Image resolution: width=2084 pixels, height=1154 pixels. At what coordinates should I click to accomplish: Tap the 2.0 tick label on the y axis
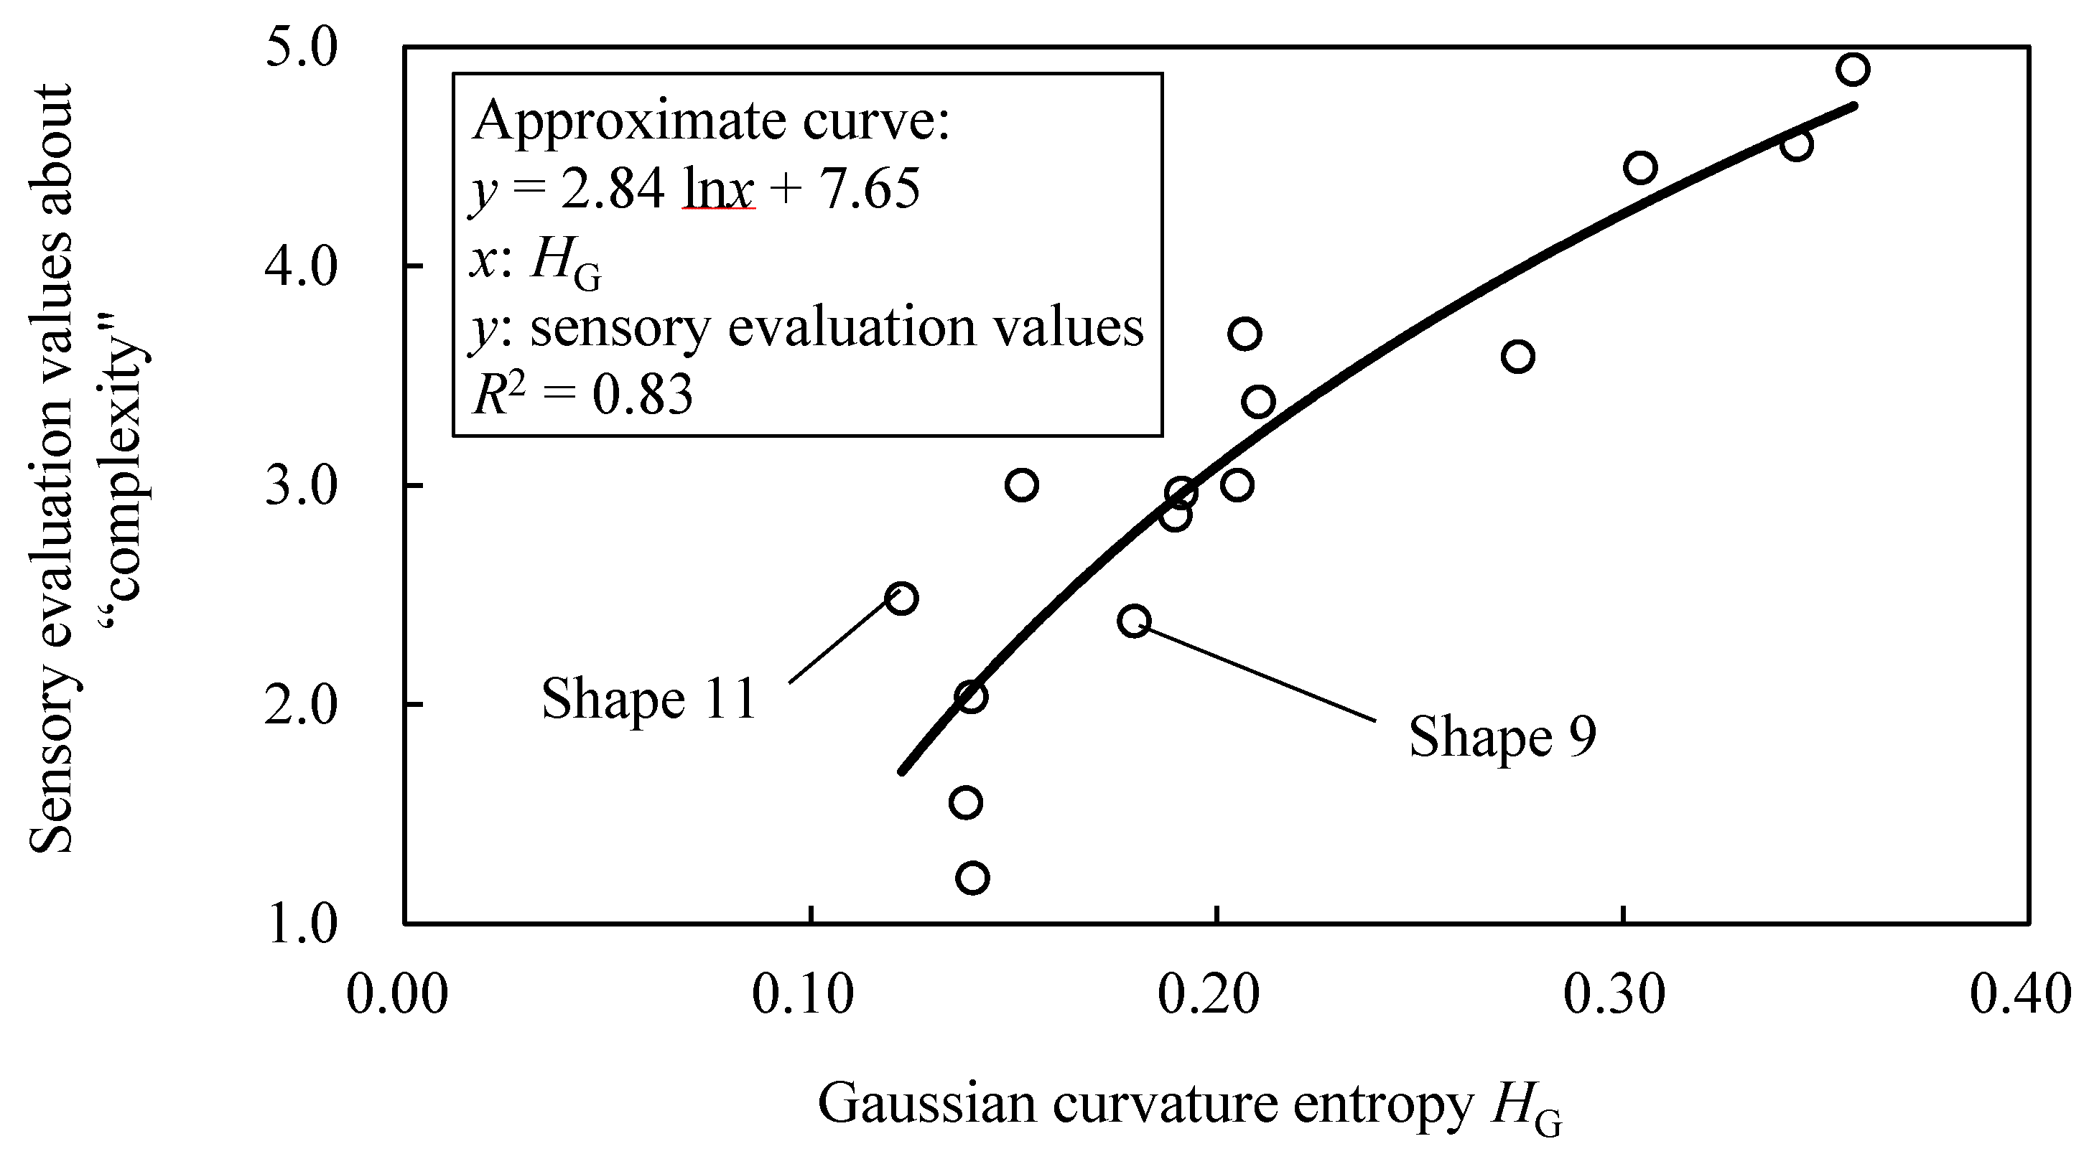(x=300, y=706)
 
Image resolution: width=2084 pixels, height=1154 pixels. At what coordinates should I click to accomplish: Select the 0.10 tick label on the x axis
(x=803, y=994)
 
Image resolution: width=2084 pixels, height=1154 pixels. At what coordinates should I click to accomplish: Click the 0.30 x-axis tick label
(x=1614, y=994)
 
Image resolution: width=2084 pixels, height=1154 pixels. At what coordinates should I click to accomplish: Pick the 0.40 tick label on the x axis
(x=2020, y=994)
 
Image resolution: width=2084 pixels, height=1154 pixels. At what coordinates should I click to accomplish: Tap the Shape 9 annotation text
(x=1502, y=737)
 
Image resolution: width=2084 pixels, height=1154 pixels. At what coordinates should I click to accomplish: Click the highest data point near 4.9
(x=1853, y=70)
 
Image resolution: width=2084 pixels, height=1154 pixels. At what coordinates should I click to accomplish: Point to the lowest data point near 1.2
(x=972, y=878)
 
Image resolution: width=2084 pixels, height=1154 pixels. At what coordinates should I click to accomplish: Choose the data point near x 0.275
(x=1517, y=357)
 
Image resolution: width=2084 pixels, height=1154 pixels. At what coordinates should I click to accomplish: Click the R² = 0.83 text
(x=582, y=395)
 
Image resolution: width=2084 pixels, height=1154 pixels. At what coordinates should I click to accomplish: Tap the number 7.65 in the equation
(x=870, y=190)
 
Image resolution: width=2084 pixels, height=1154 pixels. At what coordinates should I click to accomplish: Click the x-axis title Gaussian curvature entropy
(x=1144, y=1104)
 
